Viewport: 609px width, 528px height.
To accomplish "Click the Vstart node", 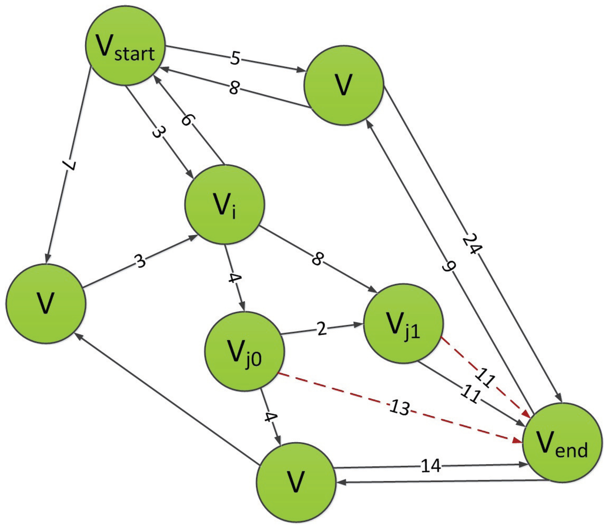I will [x=125, y=46].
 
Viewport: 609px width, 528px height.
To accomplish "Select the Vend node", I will [x=562, y=442].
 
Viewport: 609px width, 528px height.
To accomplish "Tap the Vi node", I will [x=225, y=205].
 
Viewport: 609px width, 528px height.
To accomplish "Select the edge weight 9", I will [x=449, y=267].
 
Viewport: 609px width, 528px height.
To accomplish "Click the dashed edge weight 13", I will [x=400, y=408].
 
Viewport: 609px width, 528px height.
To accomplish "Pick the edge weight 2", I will [x=322, y=329].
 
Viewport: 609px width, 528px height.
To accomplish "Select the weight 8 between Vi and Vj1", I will [x=317, y=259].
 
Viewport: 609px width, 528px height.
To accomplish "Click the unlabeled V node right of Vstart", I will [x=344, y=85].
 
